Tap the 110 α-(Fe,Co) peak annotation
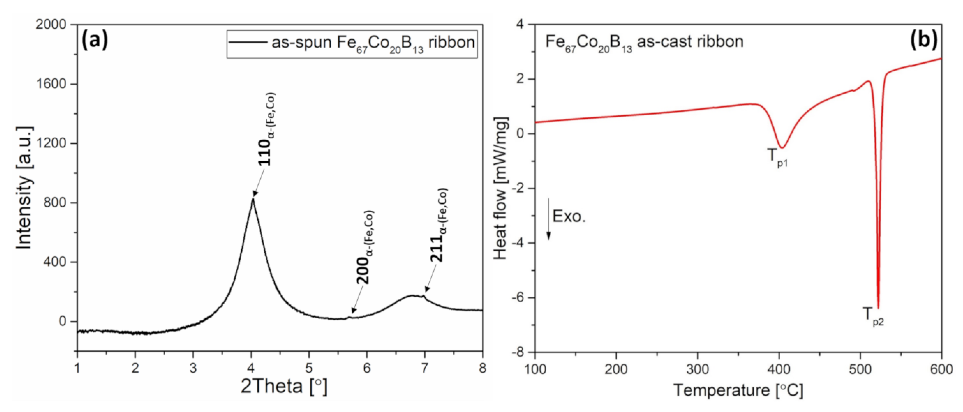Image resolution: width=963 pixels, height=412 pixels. click(x=267, y=129)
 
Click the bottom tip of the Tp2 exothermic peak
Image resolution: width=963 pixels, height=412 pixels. click(x=878, y=308)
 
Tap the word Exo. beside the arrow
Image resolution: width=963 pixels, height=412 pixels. click(x=569, y=216)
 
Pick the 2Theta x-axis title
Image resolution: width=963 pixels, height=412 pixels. click(x=284, y=386)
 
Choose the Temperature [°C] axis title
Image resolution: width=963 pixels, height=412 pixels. click(x=738, y=390)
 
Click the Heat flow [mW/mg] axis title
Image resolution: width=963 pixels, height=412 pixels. click(x=501, y=189)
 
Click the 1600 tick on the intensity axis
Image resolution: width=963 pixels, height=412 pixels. click(x=51, y=84)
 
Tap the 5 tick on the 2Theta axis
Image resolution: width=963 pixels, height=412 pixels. click(x=309, y=368)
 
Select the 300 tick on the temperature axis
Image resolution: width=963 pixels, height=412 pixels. click(x=698, y=369)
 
